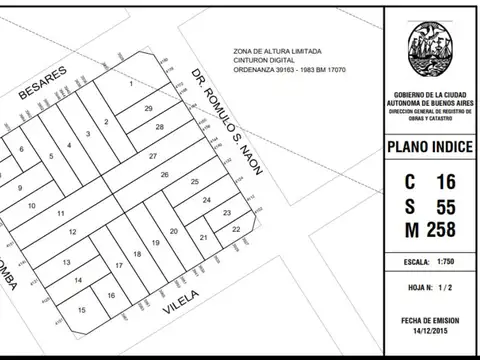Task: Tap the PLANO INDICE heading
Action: pos(431,149)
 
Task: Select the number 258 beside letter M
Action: pos(439,231)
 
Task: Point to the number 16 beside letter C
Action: pos(445,182)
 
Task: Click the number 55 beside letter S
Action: pos(445,207)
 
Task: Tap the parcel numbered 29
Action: pos(149,107)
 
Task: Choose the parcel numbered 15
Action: pos(82,311)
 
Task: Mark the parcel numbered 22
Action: pos(235,229)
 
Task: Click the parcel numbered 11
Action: pos(61,214)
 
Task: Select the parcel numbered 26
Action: pos(165,174)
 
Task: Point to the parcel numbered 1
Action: pos(131,83)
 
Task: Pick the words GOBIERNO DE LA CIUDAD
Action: pos(430,94)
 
